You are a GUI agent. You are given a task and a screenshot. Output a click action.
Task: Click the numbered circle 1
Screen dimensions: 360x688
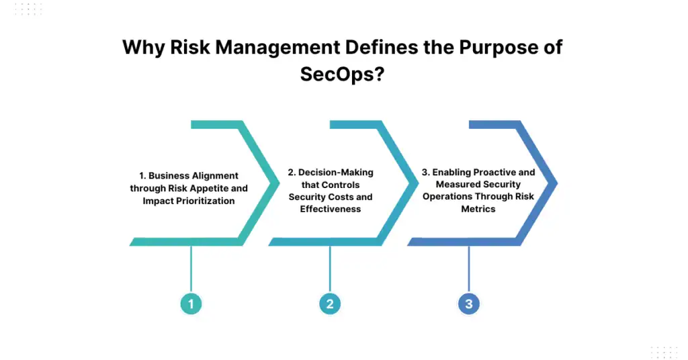point(191,304)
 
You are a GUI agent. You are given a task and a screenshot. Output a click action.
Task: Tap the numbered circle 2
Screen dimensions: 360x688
point(330,304)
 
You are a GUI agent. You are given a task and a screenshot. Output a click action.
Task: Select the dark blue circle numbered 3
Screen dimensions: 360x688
point(468,304)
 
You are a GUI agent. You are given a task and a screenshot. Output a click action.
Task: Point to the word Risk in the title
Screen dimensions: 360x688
point(190,48)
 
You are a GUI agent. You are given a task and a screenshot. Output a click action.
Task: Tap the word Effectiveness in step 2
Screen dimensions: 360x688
point(330,209)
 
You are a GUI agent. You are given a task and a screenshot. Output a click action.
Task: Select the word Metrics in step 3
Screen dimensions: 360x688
point(478,209)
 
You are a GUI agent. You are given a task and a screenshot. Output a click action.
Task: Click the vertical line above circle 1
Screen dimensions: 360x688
point(191,269)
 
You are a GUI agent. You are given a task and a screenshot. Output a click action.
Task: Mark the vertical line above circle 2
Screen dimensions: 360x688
point(330,269)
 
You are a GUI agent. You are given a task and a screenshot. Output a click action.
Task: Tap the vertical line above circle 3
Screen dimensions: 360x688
point(468,269)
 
